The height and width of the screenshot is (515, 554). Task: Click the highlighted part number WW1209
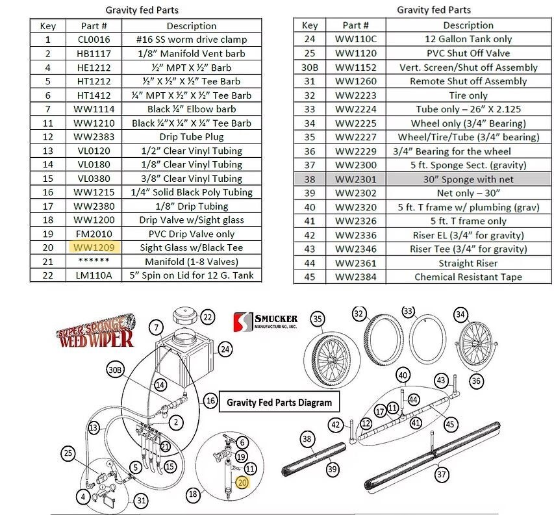(88, 247)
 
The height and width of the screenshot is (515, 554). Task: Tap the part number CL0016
(88, 40)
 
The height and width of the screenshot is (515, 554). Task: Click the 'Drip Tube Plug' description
(191, 136)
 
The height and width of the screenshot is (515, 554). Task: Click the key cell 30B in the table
(310, 67)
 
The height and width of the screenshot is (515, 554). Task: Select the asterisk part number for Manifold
(88, 261)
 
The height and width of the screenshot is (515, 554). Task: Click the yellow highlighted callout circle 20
(242, 483)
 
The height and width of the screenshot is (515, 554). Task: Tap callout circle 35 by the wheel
(317, 319)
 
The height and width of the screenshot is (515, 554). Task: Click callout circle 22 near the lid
(207, 318)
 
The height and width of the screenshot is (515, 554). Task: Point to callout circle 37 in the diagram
(442, 475)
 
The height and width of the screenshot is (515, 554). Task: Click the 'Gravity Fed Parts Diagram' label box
(279, 402)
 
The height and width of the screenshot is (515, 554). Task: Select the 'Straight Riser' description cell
(468, 263)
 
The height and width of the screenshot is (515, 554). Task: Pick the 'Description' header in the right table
(468, 25)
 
